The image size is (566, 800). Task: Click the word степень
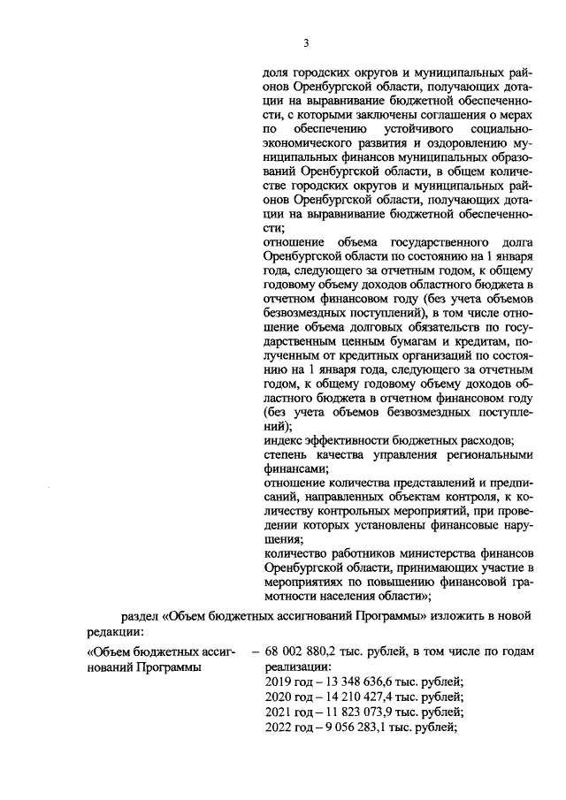[288, 454]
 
